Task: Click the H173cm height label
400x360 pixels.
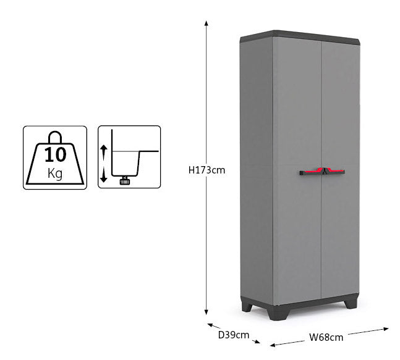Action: (x=206, y=170)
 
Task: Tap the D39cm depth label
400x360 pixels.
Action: (x=234, y=335)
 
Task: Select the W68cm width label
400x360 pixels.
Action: (x=326, y=337)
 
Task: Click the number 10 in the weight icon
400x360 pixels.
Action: (x=55, y=154)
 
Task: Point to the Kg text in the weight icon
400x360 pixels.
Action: (x=55, y=174)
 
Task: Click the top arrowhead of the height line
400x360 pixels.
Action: (x=206, y=23)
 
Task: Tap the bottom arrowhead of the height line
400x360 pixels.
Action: (x=206, y=312)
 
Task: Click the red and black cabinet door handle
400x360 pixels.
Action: (x=322, y=172)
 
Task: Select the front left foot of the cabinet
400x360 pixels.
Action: (x=278, y=312)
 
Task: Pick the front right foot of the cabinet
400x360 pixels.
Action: (x=351, y=303)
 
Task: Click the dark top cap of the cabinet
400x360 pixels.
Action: (x=300, y=37)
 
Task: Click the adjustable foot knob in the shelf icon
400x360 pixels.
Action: (x=125, y=181)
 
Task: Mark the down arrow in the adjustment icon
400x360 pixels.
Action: (x=104, y=176)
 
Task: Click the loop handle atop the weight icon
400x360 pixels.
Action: (x=55, y=137)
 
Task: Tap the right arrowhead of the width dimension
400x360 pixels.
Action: (x=386, y=329)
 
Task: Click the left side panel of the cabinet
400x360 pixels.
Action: (x=257, y=168)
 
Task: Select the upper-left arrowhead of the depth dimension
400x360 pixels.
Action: (x=210, y=325)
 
